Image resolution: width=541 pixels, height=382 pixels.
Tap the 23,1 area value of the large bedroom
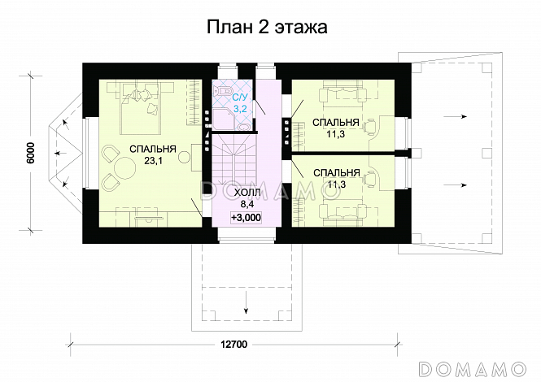click(146, 162)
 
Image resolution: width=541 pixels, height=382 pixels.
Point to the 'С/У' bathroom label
click(241, 97)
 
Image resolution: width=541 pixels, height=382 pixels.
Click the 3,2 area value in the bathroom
click(241, 107)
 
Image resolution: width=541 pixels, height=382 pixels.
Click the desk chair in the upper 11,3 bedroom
click(370, 127)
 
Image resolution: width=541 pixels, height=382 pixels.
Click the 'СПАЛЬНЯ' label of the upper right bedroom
click(336, 123)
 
